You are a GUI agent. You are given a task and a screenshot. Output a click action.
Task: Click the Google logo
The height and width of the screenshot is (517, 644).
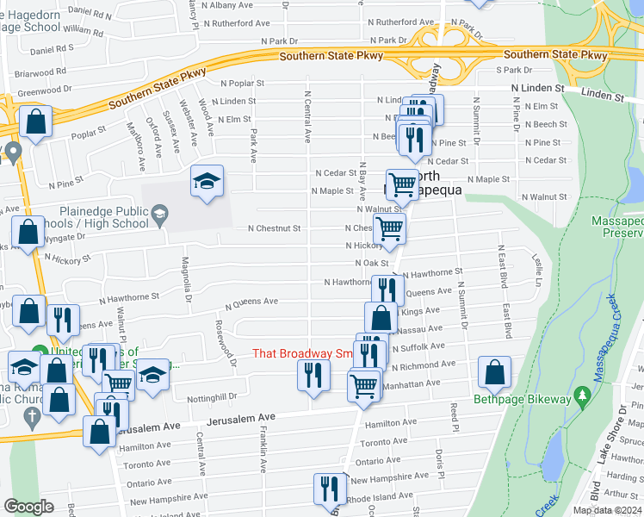click(30, 506)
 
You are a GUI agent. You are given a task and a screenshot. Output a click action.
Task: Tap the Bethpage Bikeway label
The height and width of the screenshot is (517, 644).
click(523, 399)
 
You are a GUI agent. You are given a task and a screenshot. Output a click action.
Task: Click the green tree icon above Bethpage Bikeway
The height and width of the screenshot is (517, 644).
click(583, 395)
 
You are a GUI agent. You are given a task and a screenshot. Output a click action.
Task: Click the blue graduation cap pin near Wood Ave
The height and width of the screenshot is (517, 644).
click(207, 182)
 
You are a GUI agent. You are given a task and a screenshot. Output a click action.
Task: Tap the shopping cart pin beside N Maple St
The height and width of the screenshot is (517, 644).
click(402, 184)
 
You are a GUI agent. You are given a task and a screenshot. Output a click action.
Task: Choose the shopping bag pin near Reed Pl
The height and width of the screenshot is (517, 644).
click(494, 372)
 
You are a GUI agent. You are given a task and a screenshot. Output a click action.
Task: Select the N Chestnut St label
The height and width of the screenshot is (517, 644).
click(274, 228)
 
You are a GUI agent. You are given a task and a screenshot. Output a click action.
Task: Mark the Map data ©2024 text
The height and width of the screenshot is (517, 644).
click(607, 510)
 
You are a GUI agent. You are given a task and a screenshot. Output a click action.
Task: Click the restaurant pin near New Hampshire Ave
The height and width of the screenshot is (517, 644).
click(329, 488)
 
